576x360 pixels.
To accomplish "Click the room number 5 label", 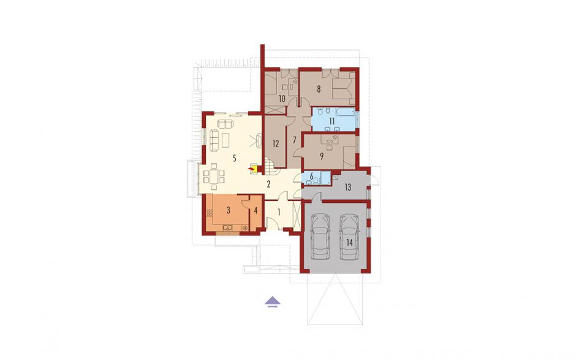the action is tap(234, 158).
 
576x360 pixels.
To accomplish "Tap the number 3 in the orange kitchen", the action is tap(229, 210).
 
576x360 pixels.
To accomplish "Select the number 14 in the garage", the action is tap(349, 242).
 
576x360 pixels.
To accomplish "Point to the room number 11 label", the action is tap(332, 121).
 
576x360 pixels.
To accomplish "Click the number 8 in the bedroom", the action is tap(319, 89).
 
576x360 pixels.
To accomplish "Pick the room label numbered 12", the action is tap(276, 144).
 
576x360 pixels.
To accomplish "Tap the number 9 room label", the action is tap(322, 156).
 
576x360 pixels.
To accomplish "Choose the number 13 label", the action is tap(347, 187).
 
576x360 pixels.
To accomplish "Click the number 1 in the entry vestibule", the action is tap(279, 212).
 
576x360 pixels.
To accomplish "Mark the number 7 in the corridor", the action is tap(294, 140).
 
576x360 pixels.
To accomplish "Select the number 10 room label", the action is tap(282, 99).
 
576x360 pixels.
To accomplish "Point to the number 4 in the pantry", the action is tap(256, 211).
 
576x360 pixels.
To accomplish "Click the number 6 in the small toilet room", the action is tap(311, 176).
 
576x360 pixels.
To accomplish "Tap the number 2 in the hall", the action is tap(268, 184).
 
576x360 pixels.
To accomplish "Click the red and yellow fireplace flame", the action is tap(252, 169).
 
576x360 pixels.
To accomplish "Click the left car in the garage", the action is tap(320, 237).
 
